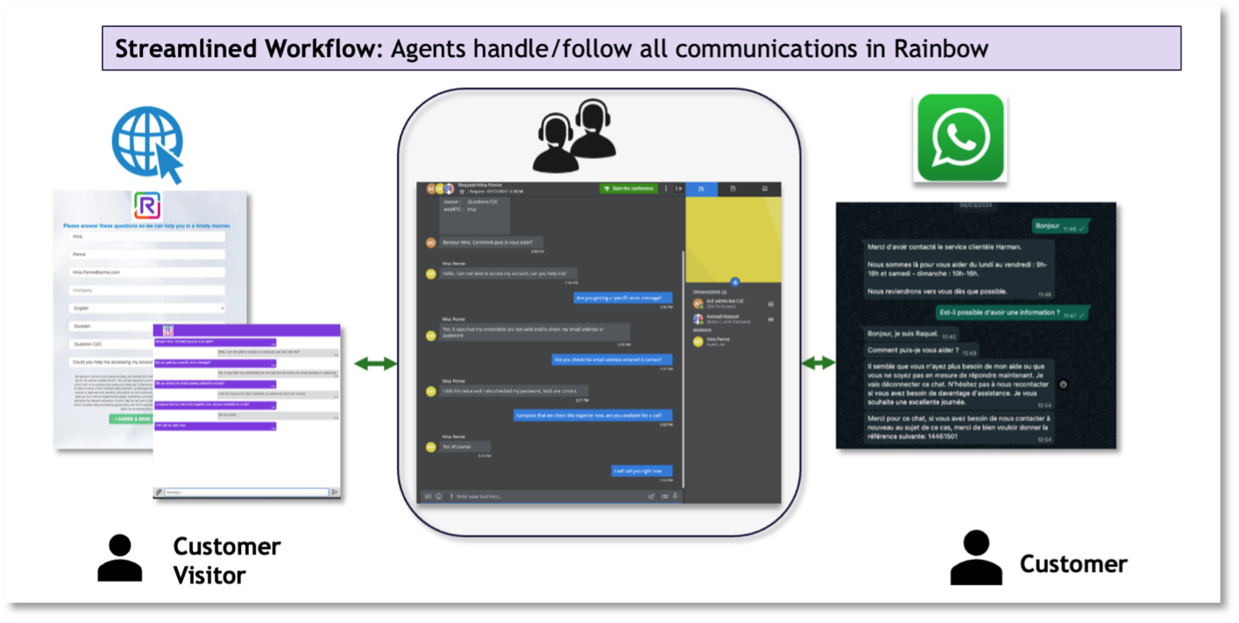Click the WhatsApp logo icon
pyautogui.click(x=960, y=138)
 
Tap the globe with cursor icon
pyautogui.click(x=147, y=146)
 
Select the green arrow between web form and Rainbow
pyautogui.click(x=375, y=363)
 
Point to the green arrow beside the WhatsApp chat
pyautogui.click(x=818, y=363)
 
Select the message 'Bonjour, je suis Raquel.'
pyautogui.click(x=903, y=334)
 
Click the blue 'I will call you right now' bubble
pyautogui.click(x=642, y=471)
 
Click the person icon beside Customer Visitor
pyautogui.click(x=119, y=558)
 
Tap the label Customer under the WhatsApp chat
pyautogui.click(x=1073, y=563)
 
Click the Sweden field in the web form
pyautogui.click(x=147, y=326)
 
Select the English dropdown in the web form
pyautogui.click(x=147, y=308)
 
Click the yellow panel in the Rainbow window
pyautogui.click(x=732, y=239)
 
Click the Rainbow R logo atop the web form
pyautogui.click(x=146, y=206)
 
